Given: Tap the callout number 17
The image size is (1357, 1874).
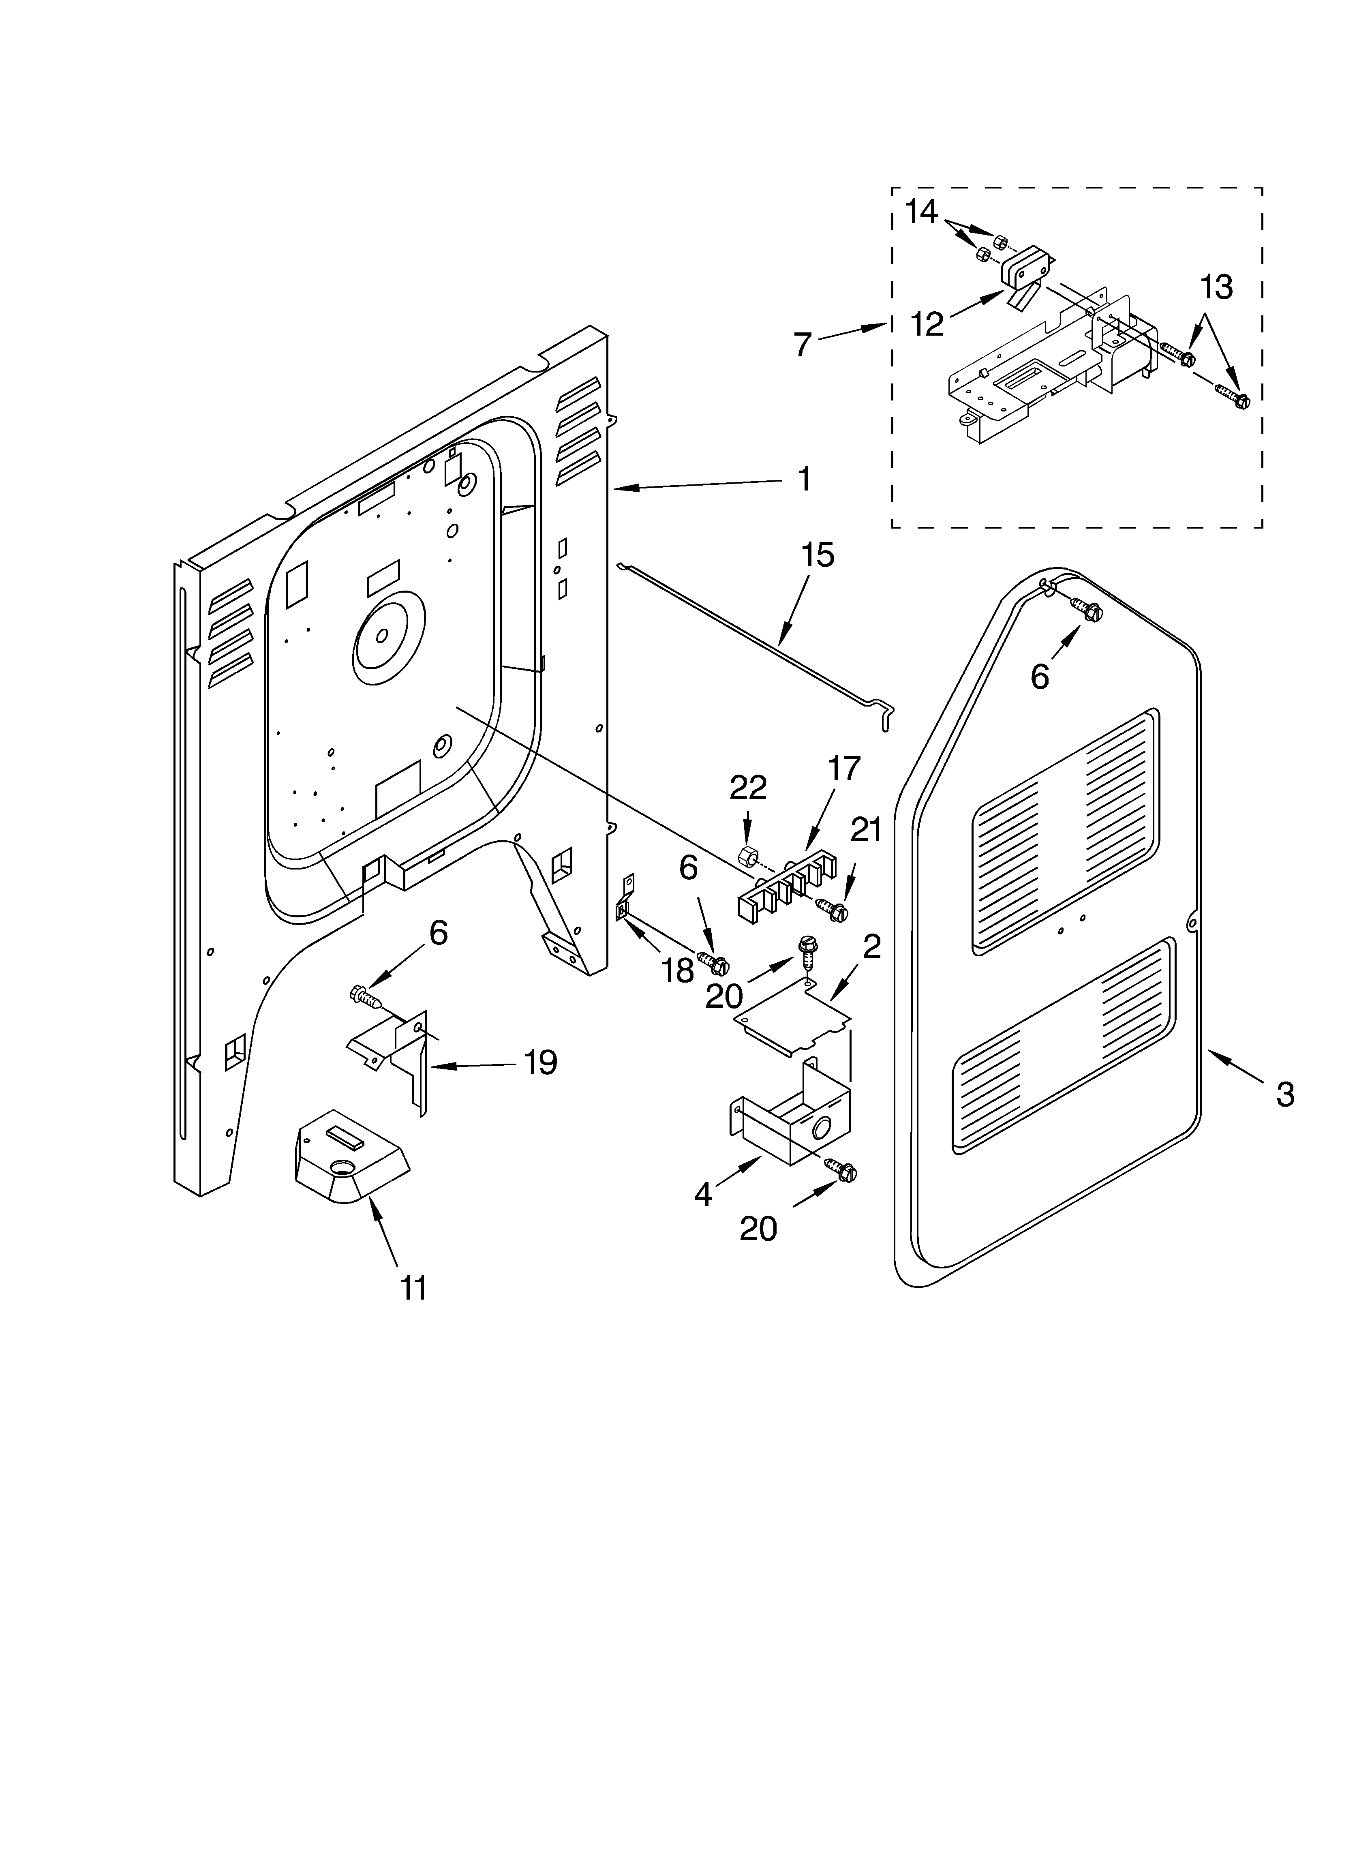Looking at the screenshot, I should pyautogui.click(x=844, y=769).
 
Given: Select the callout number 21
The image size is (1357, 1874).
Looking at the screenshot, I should pyautogui.click(x=866, y=830).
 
